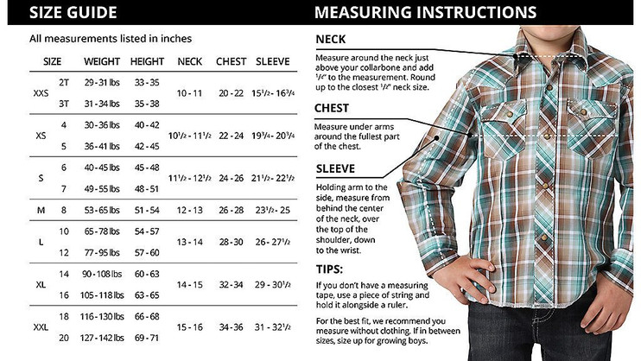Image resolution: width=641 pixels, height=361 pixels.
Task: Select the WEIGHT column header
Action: [x=102, y=62]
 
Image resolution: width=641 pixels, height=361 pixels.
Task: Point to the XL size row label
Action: [x=41, y=284]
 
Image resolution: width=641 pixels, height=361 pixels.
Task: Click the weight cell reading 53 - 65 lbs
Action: [x=102, y=210]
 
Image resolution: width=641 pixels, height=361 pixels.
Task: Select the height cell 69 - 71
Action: [x=147, y=337]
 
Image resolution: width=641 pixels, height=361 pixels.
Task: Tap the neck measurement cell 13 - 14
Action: [x=189, y=242]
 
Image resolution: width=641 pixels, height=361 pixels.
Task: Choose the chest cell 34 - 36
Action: [x=231, y=326]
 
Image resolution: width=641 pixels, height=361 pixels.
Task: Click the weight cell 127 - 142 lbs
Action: [x=102, y=337]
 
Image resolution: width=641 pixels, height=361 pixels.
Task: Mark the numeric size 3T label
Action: [x=63, y=103]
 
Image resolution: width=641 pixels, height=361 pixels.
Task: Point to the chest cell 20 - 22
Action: [x=231, y=92]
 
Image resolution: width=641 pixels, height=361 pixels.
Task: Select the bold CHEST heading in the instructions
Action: [x=333, y=109]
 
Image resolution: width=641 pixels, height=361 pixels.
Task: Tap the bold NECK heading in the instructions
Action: [x=331, y=39]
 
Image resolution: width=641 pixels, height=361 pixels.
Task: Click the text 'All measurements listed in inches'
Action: [x=111, y=39]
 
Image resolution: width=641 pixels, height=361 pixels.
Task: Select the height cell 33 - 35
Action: [x=147, y=82]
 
